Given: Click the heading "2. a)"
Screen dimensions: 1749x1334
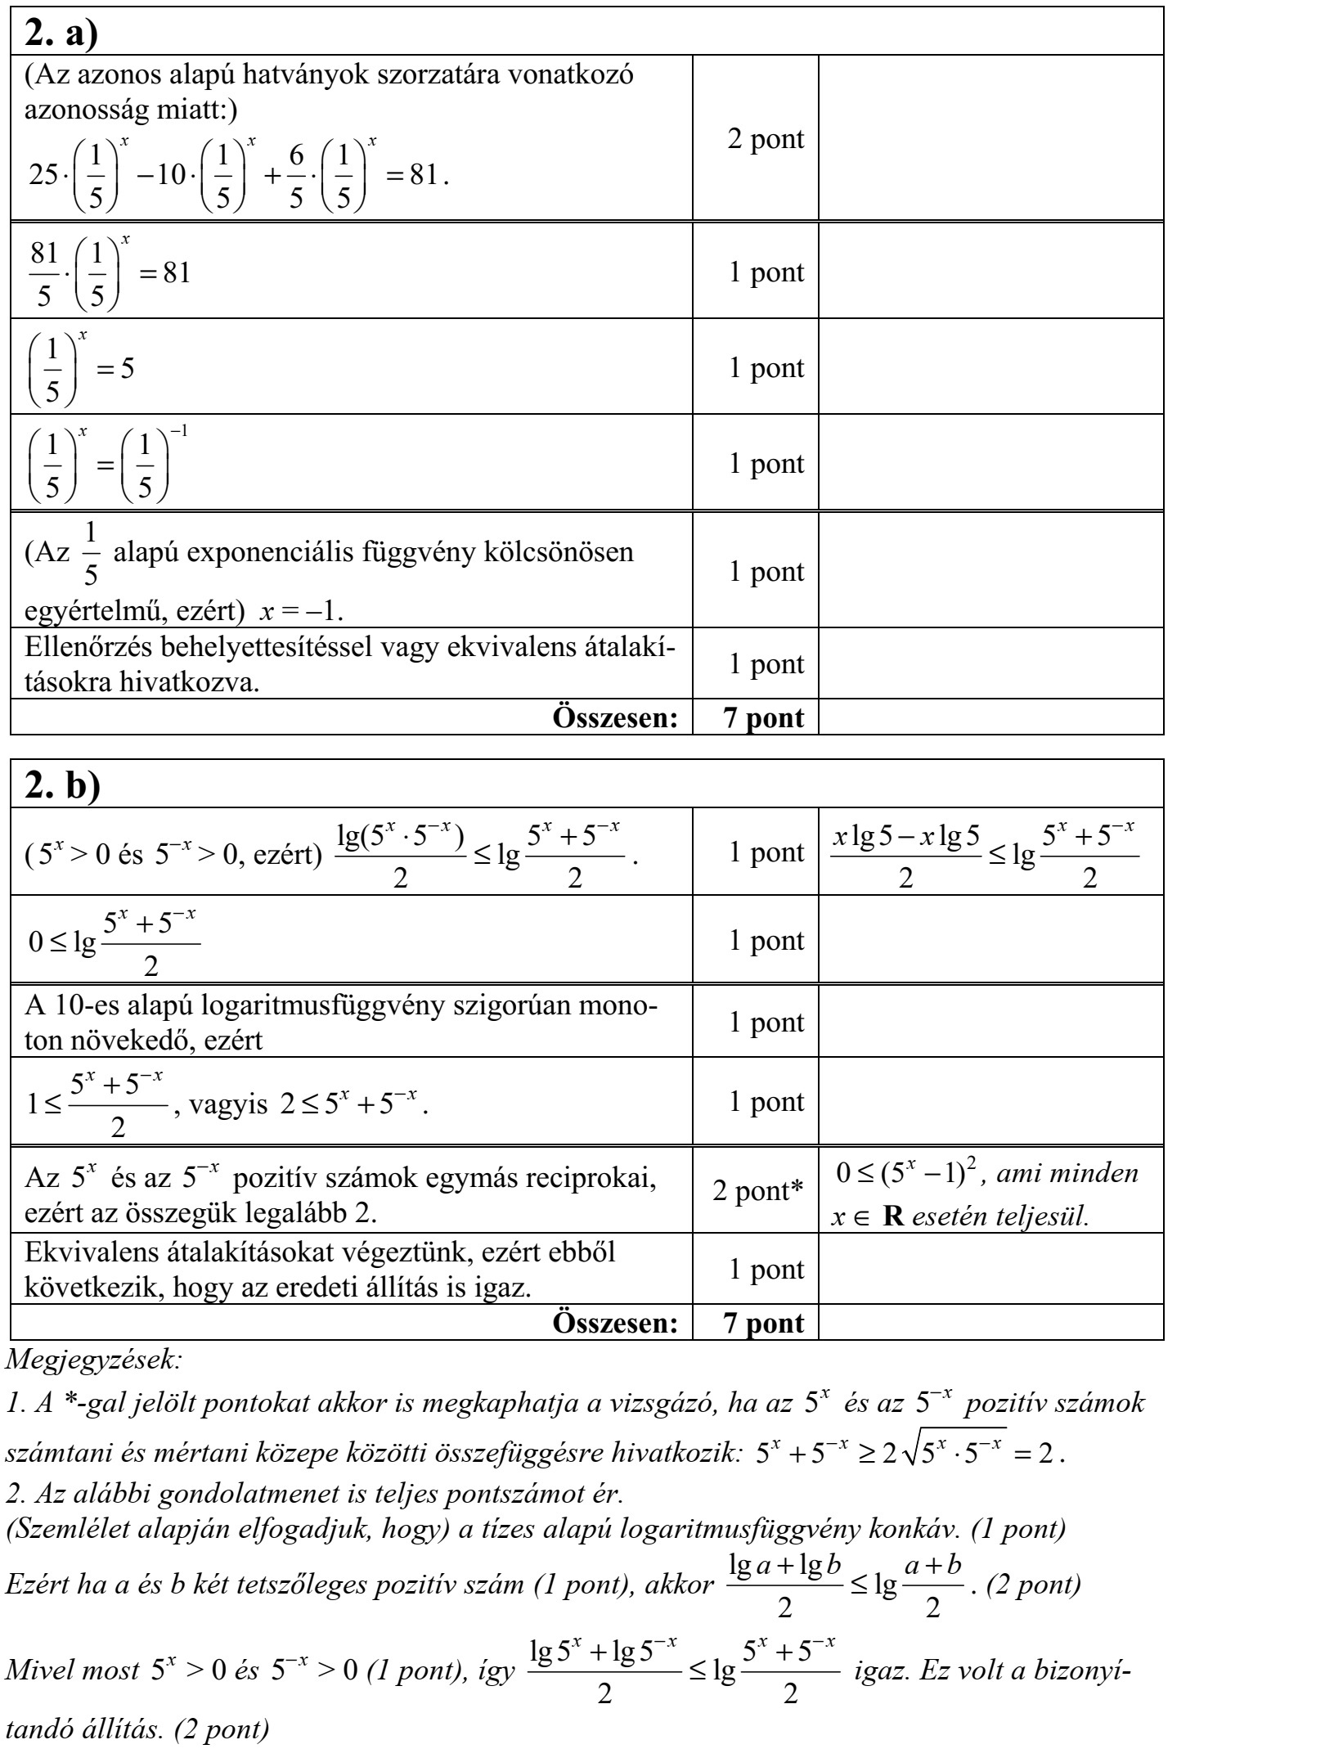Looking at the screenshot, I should (61, 33).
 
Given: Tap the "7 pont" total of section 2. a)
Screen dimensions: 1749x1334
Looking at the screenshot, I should (754, 717).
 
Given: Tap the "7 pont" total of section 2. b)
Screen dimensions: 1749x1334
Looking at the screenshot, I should (754, 1323).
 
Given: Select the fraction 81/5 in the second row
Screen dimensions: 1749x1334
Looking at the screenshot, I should (44, 272).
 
